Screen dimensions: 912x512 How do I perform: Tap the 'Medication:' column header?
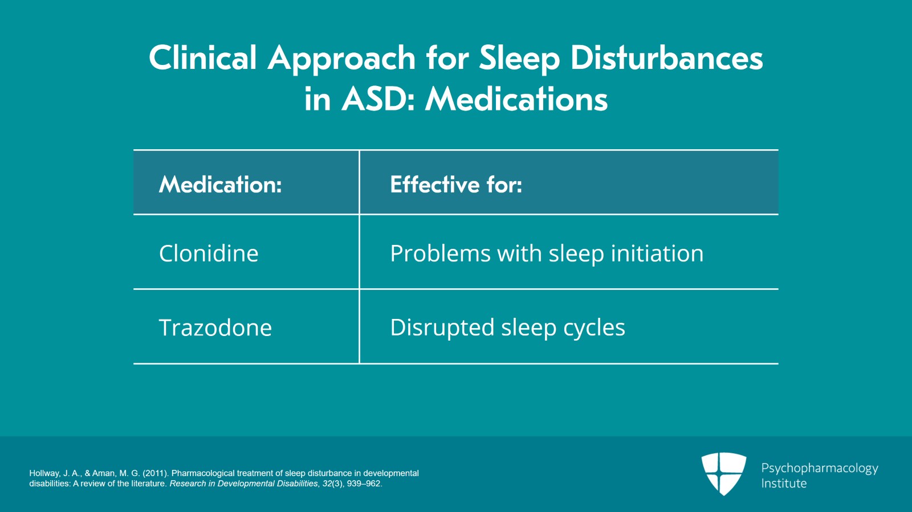pyautogui.click(x=220, y=185)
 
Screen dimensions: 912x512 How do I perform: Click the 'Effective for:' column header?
pyautogui.click(x=456, y=185)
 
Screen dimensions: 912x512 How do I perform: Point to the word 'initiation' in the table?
pyautogui.click(x=657, y=253)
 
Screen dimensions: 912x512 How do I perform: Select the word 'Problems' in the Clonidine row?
pyautogui.click(x=440, y=253)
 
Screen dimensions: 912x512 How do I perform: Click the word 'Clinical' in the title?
pyautogui.click(x=202, y=58)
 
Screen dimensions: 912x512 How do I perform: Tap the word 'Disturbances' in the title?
pyautogui.click(x=666, y=58)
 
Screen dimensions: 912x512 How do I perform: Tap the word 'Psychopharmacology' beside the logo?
pyautogui.click(x=820, y=469)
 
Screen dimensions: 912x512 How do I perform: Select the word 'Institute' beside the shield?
pyautogui.click(x=784, y=483)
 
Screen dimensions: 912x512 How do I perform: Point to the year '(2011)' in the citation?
pyautogui.click(x=156, y=473)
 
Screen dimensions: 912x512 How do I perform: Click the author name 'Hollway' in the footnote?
pyautogui.click(x=44, y=473)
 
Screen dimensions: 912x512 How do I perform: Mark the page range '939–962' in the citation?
pyautogui.click(x=364, y=484)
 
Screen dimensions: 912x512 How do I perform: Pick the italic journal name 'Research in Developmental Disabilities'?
pyautogui.click(x=243, y=484)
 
